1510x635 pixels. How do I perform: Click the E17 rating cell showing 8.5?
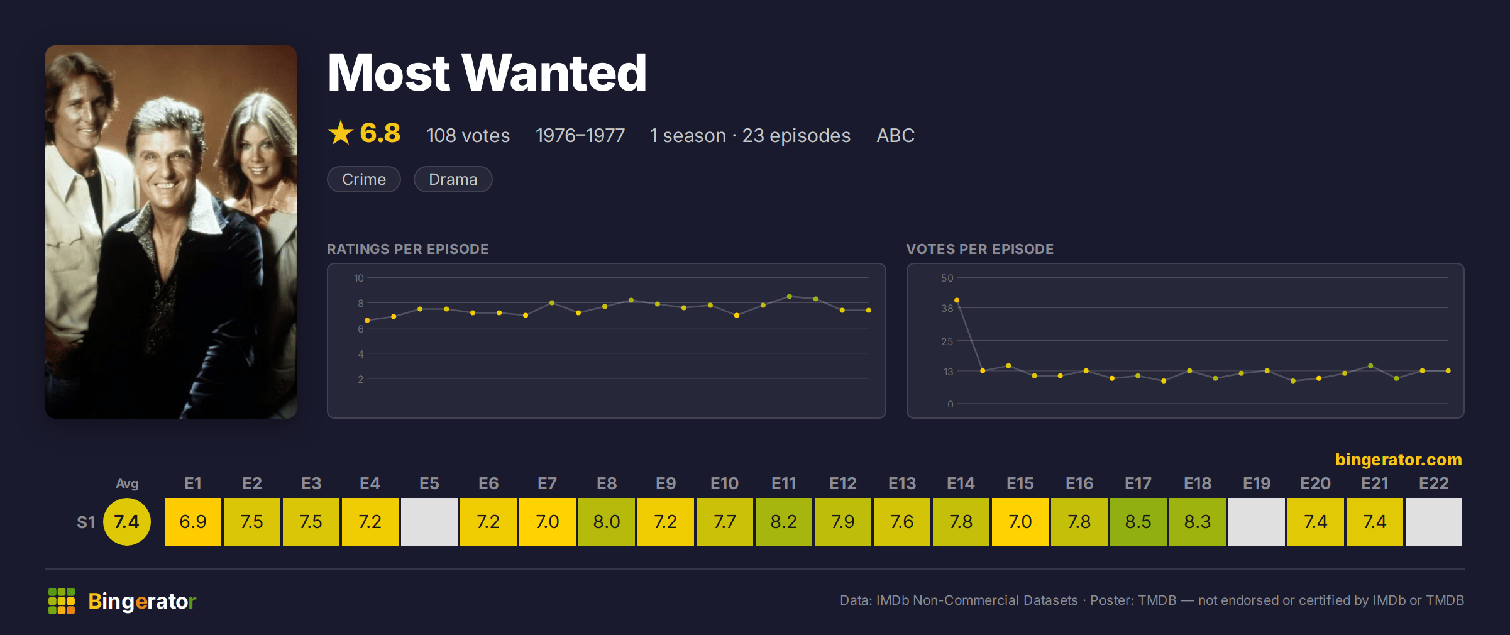[1138, 522]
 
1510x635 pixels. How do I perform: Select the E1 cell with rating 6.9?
[193, 522]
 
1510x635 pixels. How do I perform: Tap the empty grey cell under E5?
[429, 522]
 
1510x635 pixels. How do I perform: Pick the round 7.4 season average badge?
[127, 522]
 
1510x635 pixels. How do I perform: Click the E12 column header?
[843, 483]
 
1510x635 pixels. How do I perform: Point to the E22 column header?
[1434, 483]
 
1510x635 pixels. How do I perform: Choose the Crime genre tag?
[364, 179]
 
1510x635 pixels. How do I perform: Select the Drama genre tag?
[453, 179]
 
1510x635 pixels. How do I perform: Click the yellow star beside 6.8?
[341, 133]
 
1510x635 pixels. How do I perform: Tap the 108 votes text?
[468, 135]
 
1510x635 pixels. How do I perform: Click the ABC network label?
[896, 135]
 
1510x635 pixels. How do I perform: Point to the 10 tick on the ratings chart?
[359, 278]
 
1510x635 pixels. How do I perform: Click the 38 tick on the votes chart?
[947, 308]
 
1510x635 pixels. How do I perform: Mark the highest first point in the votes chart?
[957, 300]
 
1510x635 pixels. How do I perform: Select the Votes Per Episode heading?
[980, 249]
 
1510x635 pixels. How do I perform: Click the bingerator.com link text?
[1399, 460]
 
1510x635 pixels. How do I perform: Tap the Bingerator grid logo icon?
[62, 601]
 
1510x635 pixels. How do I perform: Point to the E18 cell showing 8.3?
[1197, 522]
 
